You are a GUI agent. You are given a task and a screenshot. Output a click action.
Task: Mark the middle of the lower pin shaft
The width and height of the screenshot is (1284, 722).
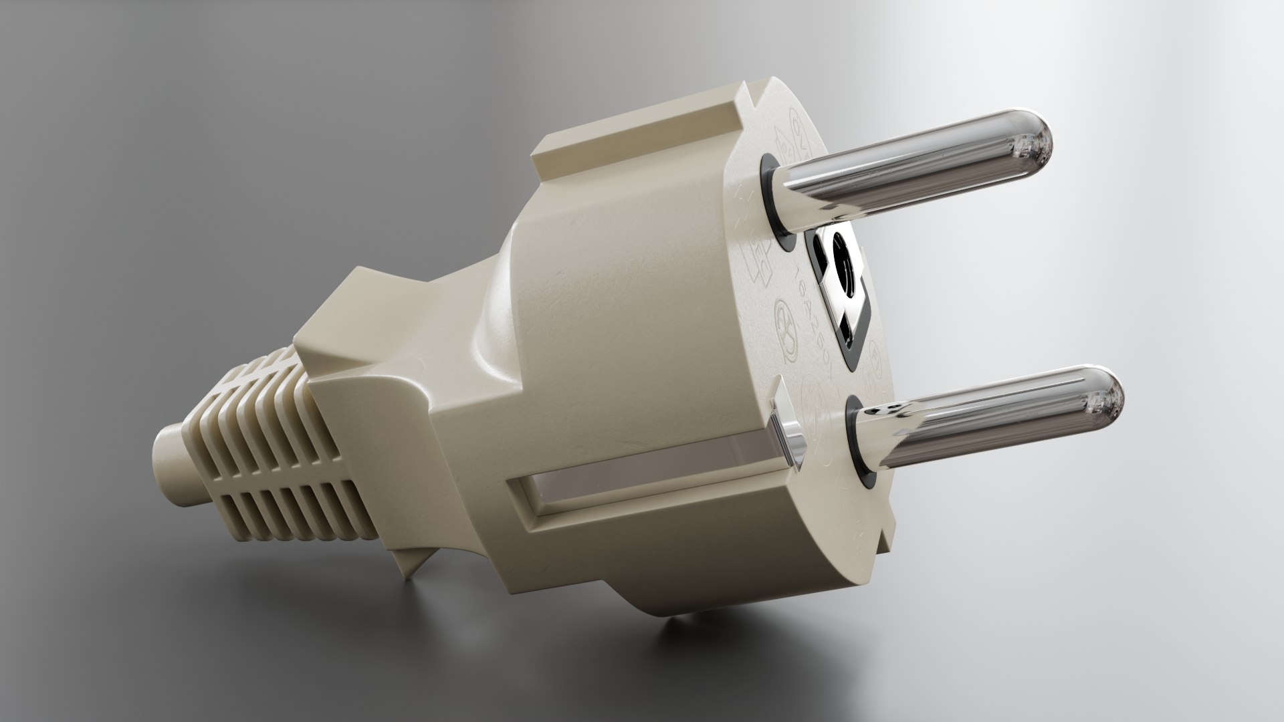pyautogui.click(x=990, y=421)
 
